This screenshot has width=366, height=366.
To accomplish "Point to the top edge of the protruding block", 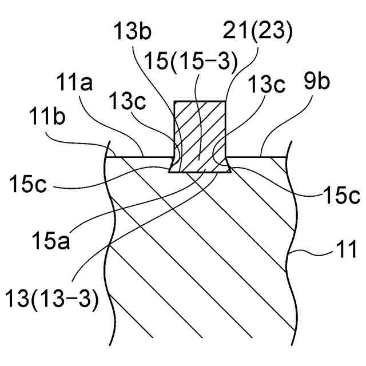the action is coord(199,101).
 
